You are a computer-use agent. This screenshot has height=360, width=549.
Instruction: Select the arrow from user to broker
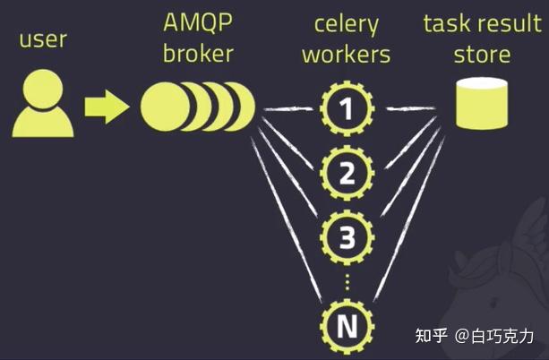click(107, 107)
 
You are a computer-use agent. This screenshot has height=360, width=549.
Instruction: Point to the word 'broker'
click(198, 53)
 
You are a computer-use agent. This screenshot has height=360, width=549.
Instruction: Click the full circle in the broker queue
click(161, 107)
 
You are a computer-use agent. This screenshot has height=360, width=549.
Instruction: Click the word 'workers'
click(346, 53)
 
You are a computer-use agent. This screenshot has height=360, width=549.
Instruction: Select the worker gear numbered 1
click(346, 109)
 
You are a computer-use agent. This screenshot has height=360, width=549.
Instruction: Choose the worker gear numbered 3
click(346, 237)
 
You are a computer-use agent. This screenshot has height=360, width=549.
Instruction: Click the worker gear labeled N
click(346, 326)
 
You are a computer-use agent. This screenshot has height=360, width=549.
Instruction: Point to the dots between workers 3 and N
click(346, 281)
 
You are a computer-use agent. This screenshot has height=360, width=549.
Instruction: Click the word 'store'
click(481, 53)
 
